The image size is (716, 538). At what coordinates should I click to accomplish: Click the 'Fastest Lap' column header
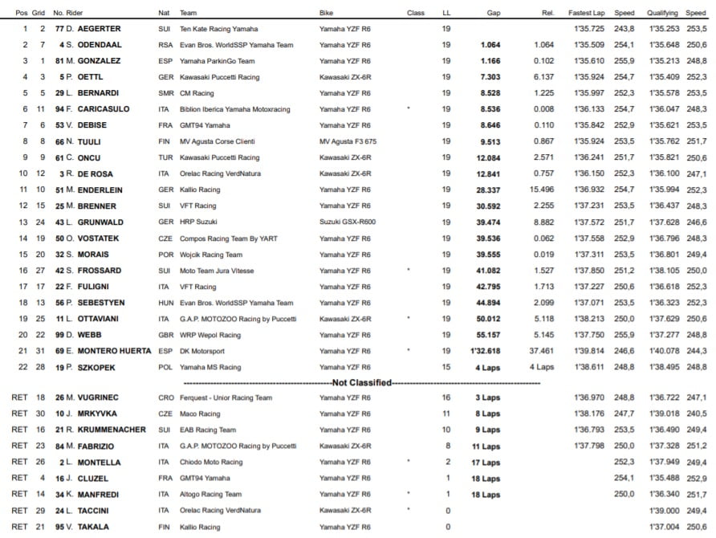(590, 14)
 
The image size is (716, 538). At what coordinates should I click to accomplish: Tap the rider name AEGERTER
(103, 29)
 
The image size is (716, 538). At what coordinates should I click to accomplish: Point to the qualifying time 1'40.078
(665, 350)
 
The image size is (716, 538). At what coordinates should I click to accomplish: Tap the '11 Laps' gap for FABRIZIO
(486, 446)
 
